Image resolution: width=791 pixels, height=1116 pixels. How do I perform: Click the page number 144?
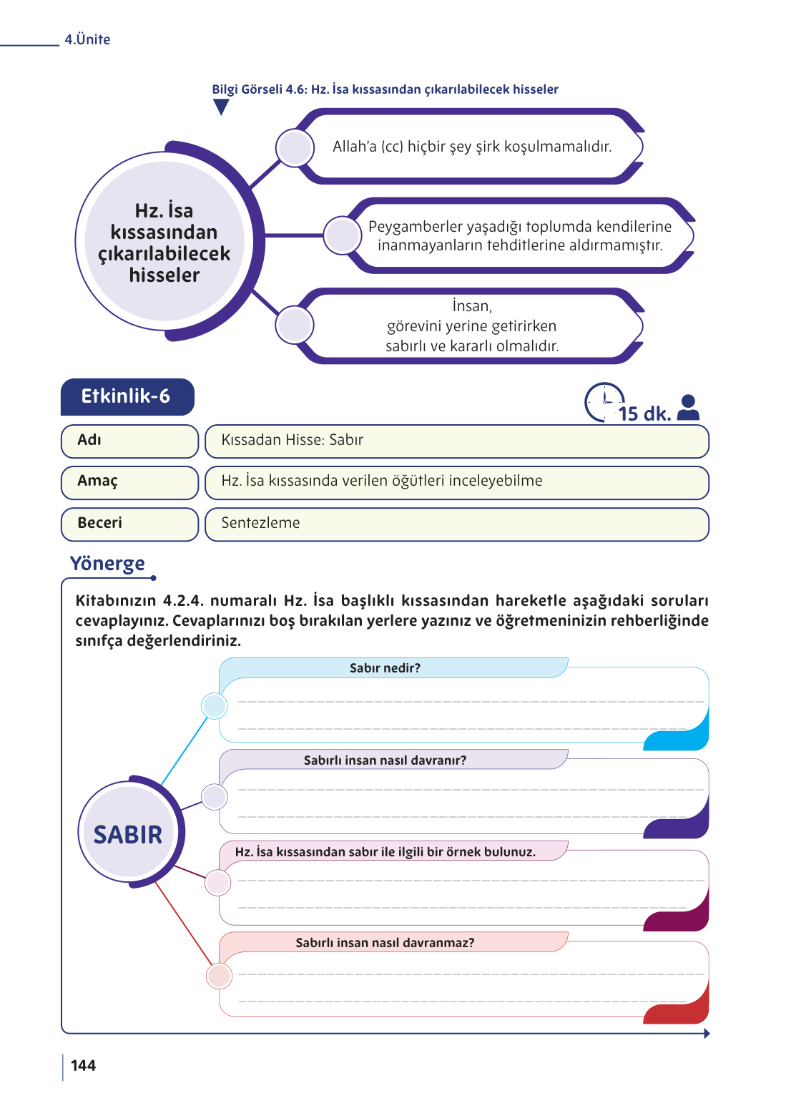tap(83, 1065)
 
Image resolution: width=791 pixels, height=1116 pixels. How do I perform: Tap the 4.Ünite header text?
tap(87, 39)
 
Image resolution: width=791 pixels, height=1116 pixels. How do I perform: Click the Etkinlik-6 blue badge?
tap(127, 396)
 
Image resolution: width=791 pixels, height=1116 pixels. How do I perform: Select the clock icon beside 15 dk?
tap(603, 402)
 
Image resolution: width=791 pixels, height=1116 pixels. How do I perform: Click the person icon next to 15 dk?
tap(688, 408)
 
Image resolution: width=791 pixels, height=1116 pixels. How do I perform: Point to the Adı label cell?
tap(129, 441)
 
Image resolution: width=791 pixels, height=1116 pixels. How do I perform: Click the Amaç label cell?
tap(129, 482)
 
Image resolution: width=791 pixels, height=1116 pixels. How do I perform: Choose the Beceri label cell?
tap(129, 524)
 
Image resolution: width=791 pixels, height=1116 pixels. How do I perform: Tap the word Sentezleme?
tap(260, 523)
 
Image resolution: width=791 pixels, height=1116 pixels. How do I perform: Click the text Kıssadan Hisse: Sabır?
tap(292, 440)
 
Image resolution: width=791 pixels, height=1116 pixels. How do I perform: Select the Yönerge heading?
tap(107, 564)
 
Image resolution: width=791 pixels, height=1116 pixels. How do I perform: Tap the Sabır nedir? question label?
tap(385, 668)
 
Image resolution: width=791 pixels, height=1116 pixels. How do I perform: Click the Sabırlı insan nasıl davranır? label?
tap(385, 760)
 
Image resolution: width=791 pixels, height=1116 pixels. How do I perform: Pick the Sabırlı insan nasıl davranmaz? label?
tap(385, 943)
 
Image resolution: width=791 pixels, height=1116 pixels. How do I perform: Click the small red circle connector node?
tap(218, 976)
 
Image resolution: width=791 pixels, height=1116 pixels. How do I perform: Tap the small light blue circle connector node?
tap(214, 706)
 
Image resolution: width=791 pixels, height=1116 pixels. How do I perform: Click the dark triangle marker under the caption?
tap(221, 107)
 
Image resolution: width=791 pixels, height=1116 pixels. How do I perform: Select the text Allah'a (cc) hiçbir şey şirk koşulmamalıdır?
tap(472, 147)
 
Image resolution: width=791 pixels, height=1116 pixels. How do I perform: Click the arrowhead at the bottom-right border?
tap(706, 1033)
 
